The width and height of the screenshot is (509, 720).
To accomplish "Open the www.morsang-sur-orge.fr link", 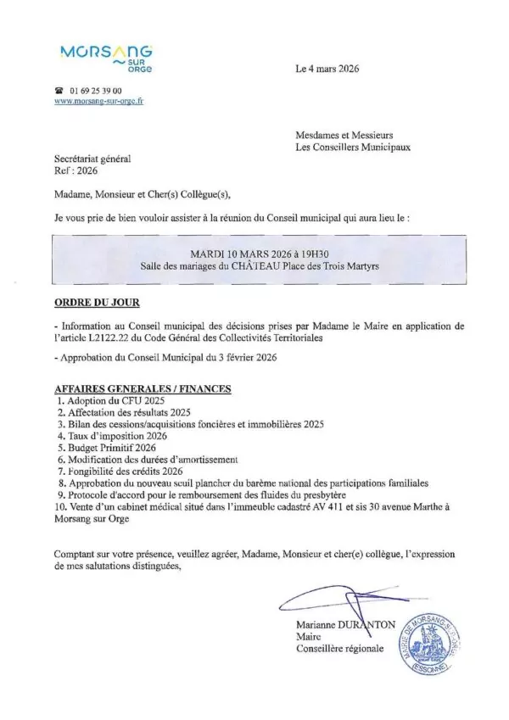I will click(x=98, y=101).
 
